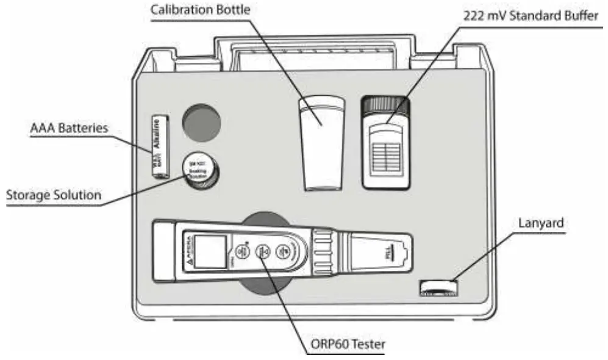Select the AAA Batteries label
(x=69, y=129)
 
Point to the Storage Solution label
(x=53, y=196)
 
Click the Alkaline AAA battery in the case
(x=161, y=145)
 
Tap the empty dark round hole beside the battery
(x=202, y=123)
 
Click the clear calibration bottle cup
(x=321, y=142)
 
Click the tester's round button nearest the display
(x=240, y=251)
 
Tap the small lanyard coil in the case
(x=439, y=287)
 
